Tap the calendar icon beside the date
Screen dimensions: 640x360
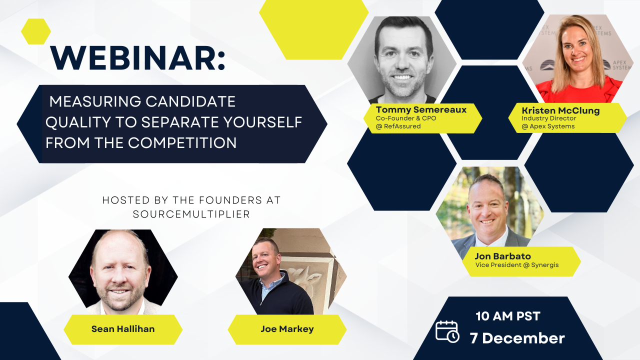447,331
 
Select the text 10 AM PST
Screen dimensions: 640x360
507,316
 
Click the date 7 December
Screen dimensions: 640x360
517,338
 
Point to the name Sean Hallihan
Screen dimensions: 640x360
123,329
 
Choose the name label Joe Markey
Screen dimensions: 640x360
287,329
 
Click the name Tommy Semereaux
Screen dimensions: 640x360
421,109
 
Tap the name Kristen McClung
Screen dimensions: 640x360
560,110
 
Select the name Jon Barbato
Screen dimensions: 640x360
502,256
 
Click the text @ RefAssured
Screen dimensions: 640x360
398,126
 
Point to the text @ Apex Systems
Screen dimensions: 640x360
548,126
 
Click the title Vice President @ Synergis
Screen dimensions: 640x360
516,265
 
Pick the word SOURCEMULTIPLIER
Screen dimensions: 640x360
191,214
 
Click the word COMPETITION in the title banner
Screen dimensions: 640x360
182,143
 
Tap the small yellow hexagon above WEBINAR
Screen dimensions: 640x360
36,31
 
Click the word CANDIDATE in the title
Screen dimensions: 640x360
190,101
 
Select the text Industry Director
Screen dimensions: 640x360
548,118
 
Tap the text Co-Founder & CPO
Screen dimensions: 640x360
405,118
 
